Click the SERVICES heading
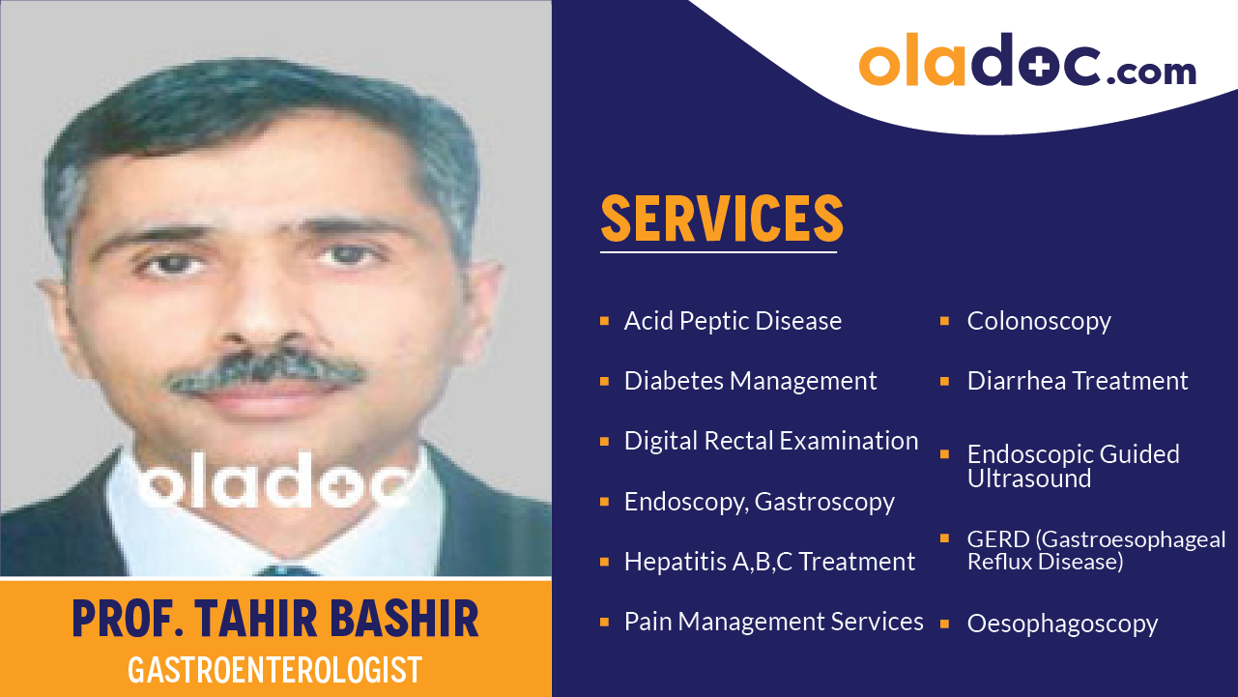[x=722, y=218]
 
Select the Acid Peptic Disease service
[x=733, y=321]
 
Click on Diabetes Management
[x=750, y=381]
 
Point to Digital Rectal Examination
[x=770, y=441]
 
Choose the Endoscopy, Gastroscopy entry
[x=759, y=502]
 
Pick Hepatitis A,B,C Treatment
[x=769, y=562]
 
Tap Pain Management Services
[x=773, y=622]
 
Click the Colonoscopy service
[x=1039, y=321]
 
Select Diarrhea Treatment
[x=1078, y=381]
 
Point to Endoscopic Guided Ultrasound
[x=1073, y=466]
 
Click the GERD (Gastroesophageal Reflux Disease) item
[x=1096, y=550]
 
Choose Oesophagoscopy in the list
[x=1062, y=624]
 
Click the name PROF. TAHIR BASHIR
[x=275, y=619]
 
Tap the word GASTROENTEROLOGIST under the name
[x=275, y=670]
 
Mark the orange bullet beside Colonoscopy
[x=945, y=320]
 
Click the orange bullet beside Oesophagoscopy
[x=945, y=623]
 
